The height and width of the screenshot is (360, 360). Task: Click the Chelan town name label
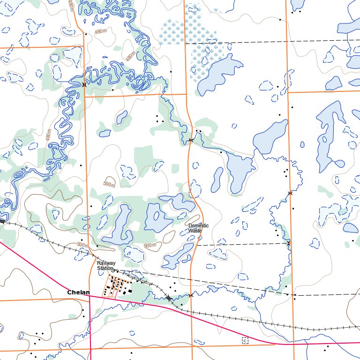pos(78,292)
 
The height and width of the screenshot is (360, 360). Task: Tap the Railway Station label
pos(106,266)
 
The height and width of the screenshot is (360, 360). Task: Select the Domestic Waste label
pos(198,228)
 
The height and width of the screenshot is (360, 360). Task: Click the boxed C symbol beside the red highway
pos(245,340)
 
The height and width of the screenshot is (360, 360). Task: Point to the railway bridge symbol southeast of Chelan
pos(168,298)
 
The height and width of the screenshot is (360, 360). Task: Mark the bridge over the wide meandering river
pos(84,85)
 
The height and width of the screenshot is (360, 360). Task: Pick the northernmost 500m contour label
pos(109,185)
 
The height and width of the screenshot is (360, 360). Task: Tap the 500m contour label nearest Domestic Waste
pos(150,246)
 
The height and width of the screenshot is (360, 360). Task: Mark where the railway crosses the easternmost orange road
pos(294,327)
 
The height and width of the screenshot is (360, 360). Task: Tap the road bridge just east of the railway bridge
pos(191,295)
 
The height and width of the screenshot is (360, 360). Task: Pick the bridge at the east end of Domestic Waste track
pos(289,243)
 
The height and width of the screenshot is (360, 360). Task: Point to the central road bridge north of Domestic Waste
pos(191,140)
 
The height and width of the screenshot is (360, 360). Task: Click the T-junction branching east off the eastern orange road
pos(288,92)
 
